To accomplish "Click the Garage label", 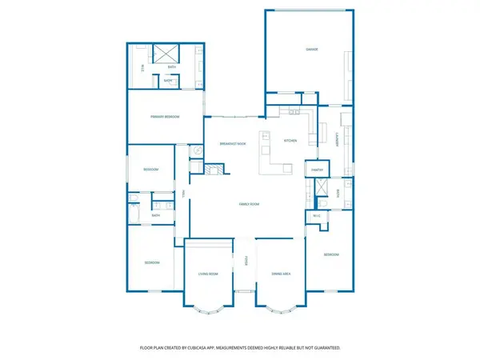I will click(311, 50).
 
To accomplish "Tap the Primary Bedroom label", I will click(165, 117).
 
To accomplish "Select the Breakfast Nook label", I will click(232, 143).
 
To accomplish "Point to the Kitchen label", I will click(290, 141).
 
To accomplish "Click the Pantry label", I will click(316, 169).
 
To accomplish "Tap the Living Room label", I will click(208, 274).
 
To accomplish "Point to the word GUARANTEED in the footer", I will click(324, 348).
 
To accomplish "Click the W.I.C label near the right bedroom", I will click(317, 215).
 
